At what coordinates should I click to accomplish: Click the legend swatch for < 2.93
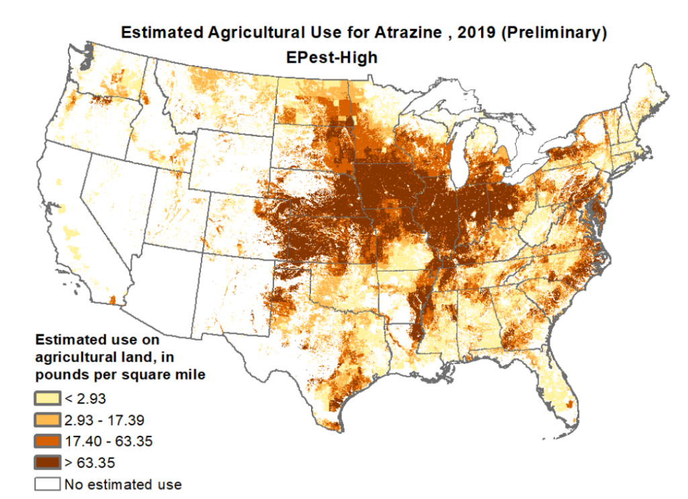coord(48,399)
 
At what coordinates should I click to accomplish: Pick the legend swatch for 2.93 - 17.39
coord(48,420)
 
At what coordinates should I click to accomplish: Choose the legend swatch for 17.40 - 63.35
coord(48,441)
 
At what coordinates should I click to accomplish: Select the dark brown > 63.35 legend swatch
coord(48,462)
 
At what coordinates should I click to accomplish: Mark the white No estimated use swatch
coord(48,484)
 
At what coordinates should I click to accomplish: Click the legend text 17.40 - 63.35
coord(104,441)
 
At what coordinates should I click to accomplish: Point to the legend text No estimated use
coord(122,484)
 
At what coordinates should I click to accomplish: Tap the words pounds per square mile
coord(120,375)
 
